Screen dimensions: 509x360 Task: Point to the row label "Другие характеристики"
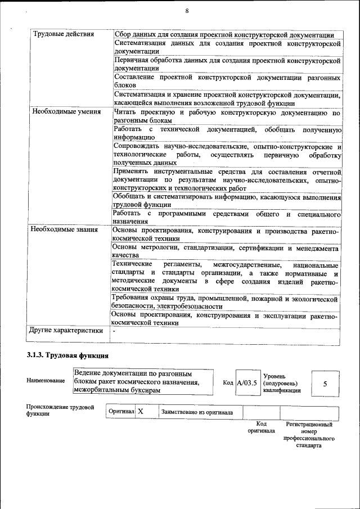(66, 331)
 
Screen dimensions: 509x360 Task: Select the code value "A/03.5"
(246, 382)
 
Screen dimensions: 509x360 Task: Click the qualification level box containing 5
(325, 383)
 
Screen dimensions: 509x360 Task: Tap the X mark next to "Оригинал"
(141, 412)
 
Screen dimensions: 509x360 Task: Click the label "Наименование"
(46, 381)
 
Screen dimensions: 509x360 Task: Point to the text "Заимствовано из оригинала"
(197, 412)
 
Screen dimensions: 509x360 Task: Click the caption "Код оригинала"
(261, 427)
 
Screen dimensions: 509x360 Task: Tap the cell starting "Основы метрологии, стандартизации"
(225, 251)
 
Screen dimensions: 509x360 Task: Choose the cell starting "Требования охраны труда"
(225, 303)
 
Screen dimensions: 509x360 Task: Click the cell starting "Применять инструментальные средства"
(227, 180)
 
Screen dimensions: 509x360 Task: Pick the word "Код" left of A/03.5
(228, 383)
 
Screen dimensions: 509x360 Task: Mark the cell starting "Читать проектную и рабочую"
(227, 116)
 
